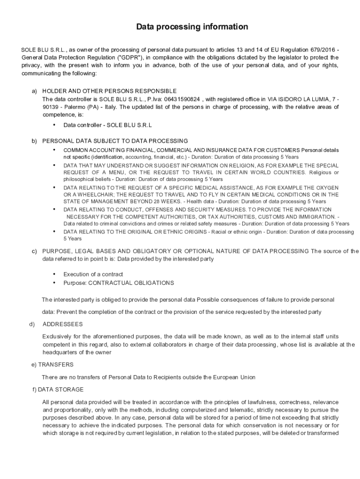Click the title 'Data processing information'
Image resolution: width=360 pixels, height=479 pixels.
click(192, 27)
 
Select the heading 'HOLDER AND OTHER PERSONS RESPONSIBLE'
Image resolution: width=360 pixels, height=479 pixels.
click(109, 91)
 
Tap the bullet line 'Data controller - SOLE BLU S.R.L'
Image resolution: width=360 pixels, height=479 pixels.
click(108, 125)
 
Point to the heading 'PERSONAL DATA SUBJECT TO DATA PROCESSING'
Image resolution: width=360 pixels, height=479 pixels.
click(115, 141)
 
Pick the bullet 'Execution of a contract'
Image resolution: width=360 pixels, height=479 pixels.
click(93, 274)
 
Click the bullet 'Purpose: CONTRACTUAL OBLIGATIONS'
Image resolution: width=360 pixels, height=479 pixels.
click(119, 283)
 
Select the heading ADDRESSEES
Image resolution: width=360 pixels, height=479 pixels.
click(63, 324)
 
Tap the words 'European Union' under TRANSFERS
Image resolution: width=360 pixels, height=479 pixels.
click(234, 377)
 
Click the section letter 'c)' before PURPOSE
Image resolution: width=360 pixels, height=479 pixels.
click(34, 251)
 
